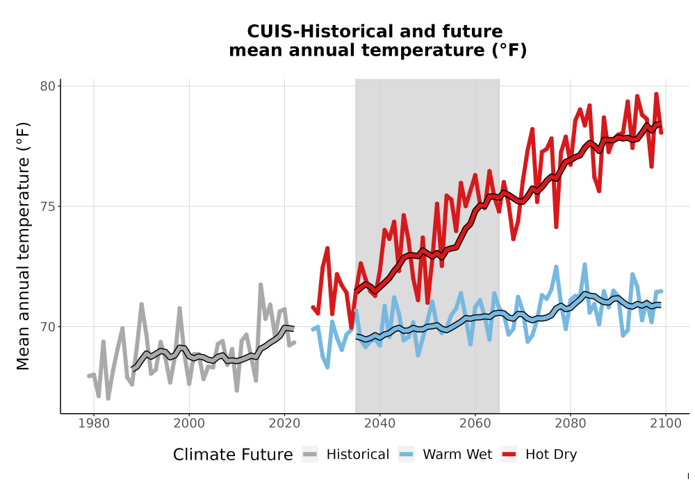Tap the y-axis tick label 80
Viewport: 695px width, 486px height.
click(47, 86)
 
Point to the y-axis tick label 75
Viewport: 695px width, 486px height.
click(47, 207)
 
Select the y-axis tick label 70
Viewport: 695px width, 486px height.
click(47, 327)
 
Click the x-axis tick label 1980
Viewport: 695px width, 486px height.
click(94, 424)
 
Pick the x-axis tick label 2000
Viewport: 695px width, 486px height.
click(189, 424)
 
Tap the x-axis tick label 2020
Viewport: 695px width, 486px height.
click(284, 424)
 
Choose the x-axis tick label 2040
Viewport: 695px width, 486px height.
click(379, 424)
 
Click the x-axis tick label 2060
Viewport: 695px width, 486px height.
click(475, 424)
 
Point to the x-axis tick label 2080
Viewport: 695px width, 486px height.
click(571, 424)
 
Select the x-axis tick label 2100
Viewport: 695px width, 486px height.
click(666, 424)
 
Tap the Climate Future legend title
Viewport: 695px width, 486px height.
click(233, 455)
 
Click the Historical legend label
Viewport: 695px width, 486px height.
click(358, 455)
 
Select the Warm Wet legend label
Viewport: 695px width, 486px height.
click(457, 455)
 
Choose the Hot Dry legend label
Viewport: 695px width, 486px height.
click(551, 455)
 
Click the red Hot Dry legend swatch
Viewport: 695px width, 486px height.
click(509, 455)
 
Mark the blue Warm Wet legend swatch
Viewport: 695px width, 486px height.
click(407, 455)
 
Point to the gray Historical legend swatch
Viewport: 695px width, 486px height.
click(310, 455)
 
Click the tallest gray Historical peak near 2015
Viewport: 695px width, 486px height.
click(261, 285)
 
